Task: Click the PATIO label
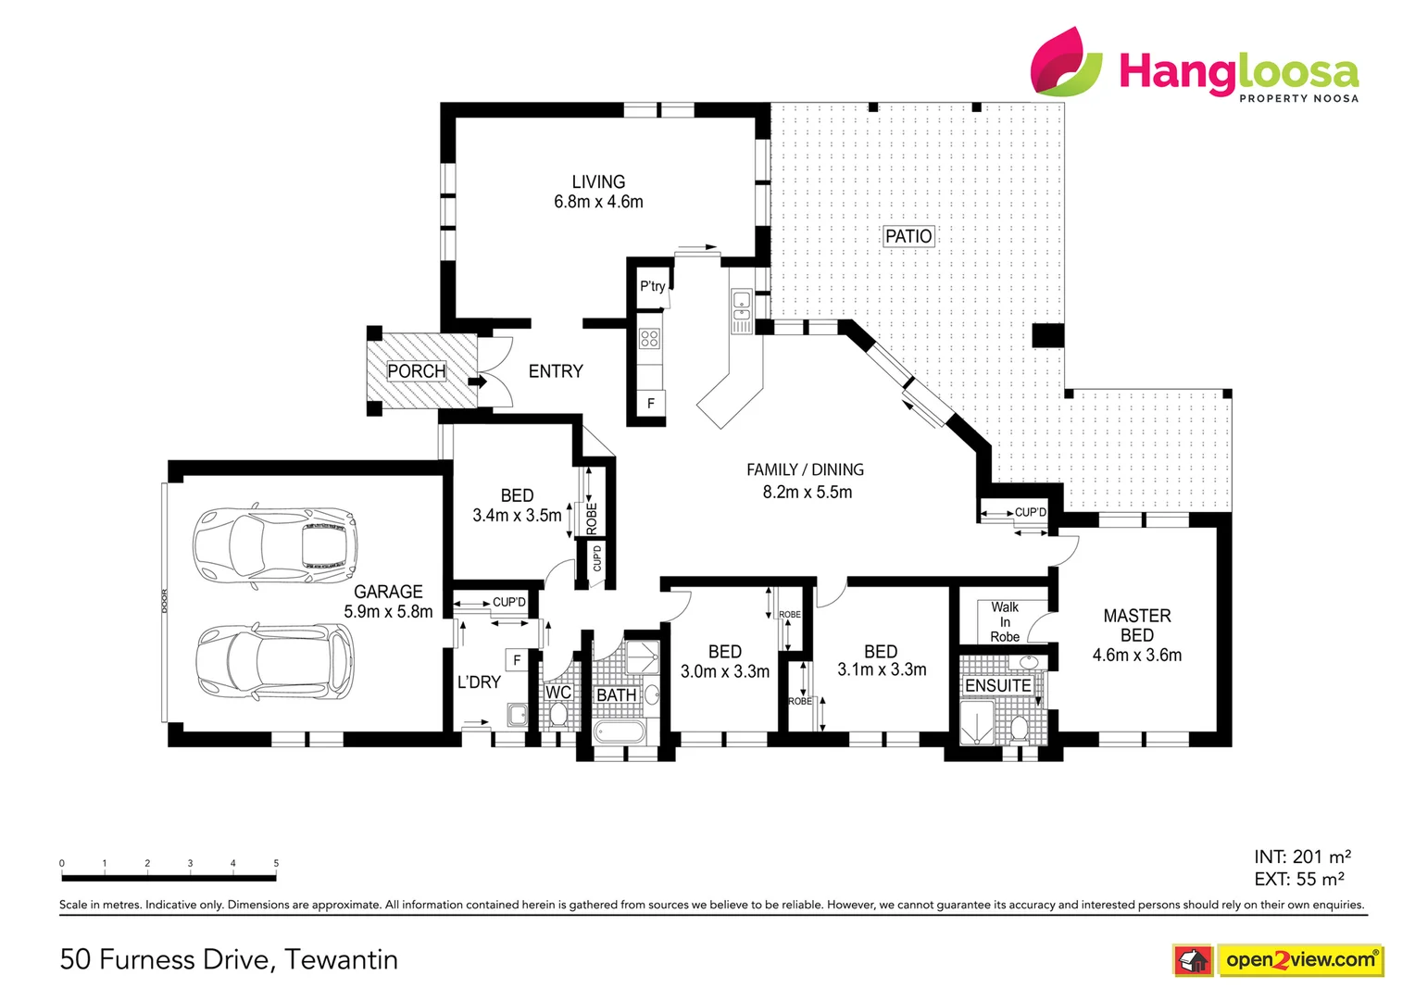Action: click(x=908, y=236)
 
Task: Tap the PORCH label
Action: click(x=416, y=371)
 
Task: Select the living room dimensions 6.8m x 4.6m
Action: click(x=598, y=202)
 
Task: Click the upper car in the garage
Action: click(x=274, y=545)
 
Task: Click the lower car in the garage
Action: click(x=274, y=661)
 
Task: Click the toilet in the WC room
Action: click(x=558, y=715)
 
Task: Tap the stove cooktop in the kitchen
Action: click(x=650, y=339)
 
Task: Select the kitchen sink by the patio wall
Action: click(x=741, y=306)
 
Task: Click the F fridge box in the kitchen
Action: click(x=651, y=404)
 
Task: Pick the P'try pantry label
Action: click(x=652, y=286)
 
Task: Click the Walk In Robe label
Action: click(x=1005, y=621)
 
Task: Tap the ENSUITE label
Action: click(x=997, y=685)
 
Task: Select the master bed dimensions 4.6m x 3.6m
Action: click(x=1136, y=656)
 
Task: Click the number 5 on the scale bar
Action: click(x=276, y=863)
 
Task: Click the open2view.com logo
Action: click(x=1299, y=960)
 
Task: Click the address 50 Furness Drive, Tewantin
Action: click(x=229, y=959)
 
